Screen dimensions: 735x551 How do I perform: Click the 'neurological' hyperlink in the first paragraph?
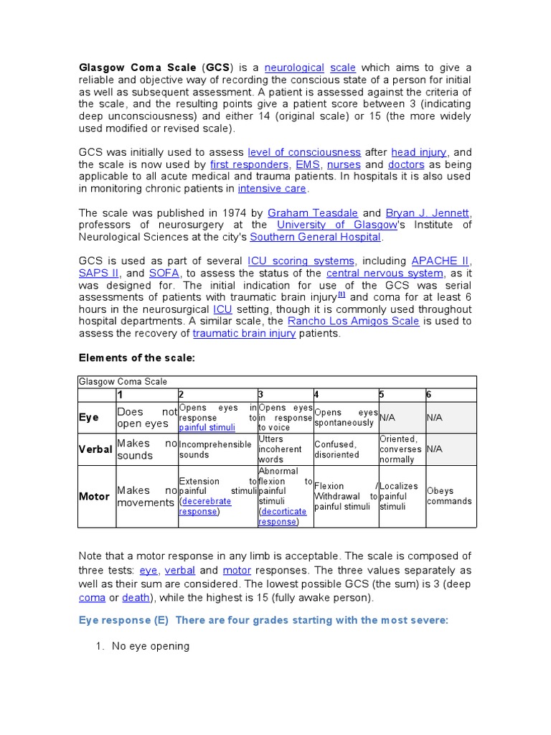(294, 67)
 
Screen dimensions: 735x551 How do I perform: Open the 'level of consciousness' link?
(303, 152)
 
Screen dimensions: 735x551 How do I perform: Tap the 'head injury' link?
(418, 152)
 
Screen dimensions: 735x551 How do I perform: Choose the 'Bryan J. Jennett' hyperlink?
(428, 213)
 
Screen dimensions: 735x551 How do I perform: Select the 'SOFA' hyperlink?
(164, 273)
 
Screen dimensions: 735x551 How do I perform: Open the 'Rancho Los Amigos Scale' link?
(353, 322)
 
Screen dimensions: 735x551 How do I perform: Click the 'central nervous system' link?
(385, 273)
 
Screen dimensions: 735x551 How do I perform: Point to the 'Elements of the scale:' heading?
(136, 357)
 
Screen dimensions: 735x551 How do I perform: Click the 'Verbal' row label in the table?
(95, 449)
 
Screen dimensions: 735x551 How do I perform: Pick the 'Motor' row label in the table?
(94, 496)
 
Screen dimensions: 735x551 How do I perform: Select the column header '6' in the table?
(429, 395)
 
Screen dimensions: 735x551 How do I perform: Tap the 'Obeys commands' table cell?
(449, 496)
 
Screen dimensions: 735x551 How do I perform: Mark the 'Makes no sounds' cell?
(146, 449)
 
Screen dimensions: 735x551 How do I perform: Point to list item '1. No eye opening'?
(151, 646)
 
